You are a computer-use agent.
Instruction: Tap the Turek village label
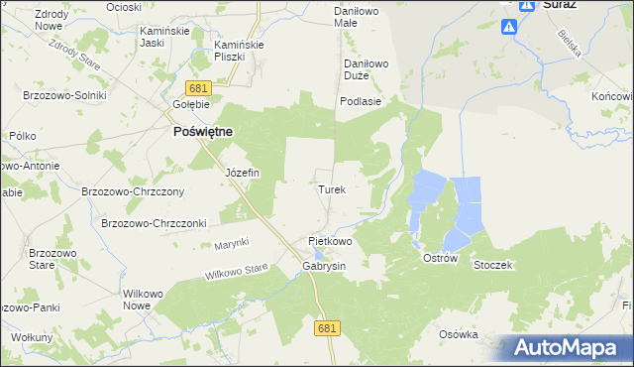(331, 188)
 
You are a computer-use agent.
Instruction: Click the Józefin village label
(242, 173)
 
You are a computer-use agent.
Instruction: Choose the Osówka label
(459, 334)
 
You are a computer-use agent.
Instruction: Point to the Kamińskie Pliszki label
(237, 51)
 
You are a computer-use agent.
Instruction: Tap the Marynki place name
(231, 244)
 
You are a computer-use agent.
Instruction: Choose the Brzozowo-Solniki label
(61, 94)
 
